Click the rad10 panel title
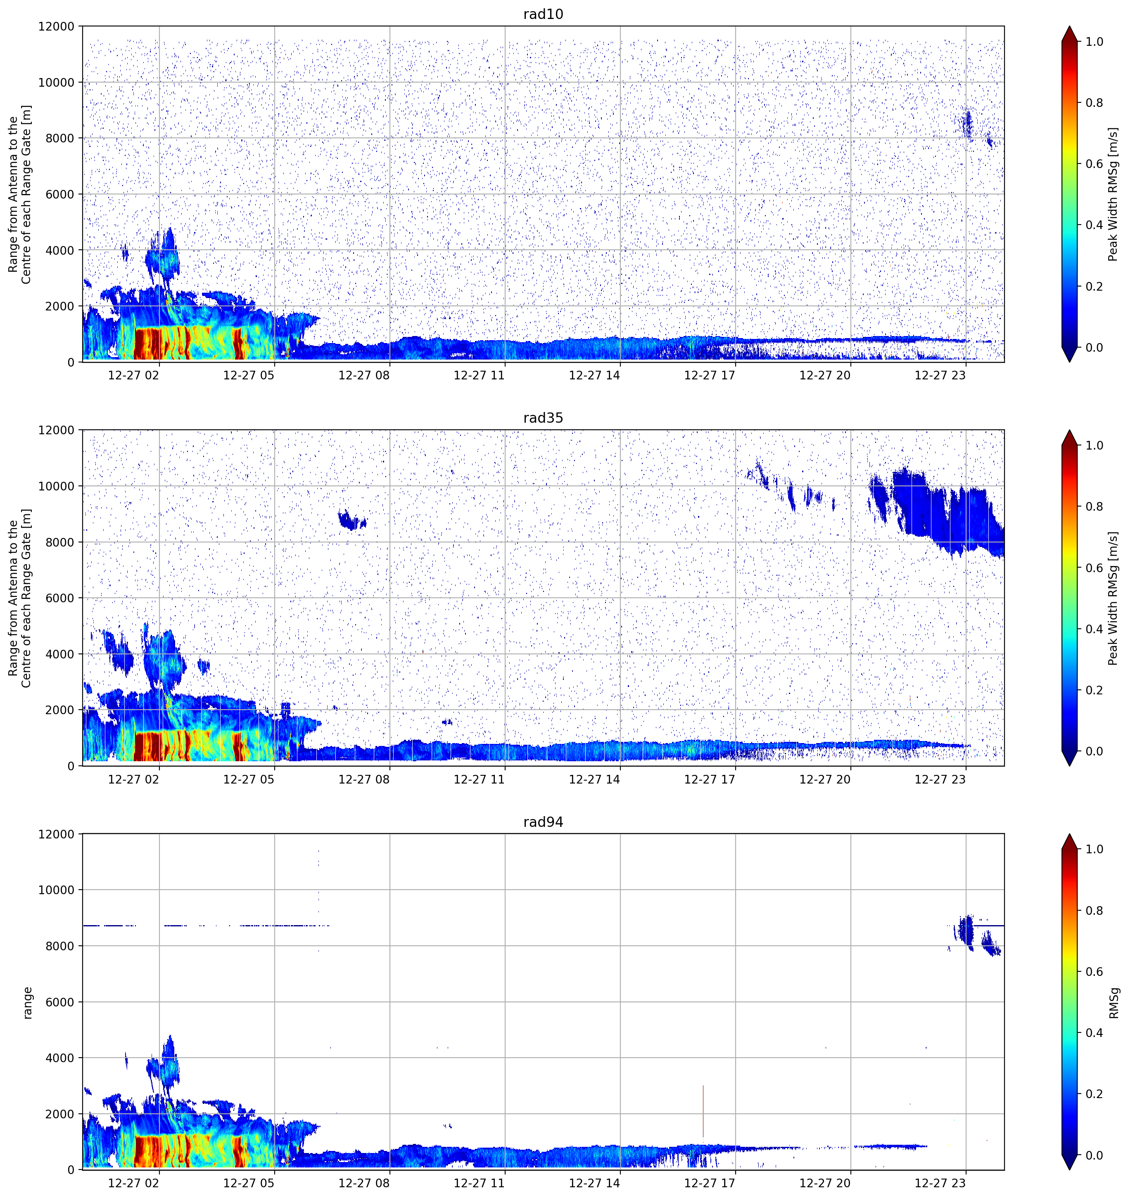pyautogui.click(x=543, y=14)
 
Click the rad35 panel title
pyautogui.click(x=543, y=418)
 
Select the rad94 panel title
pyautogui.click(x=543, y=822)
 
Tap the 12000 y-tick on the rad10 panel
pyautogui.click(x=56, y=26)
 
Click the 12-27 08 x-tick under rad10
pyautogui.click(x=364, y=375)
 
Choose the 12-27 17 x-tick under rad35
pyautogui.click(x=710, y=779)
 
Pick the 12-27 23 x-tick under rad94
pyautogui.click(x=940, y=1183)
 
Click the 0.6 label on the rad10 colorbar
pyautogui.click(x=1094, y=164)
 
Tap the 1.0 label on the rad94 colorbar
pyautogui.click(x=1094, y=849)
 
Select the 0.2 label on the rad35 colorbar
pyautogui.click(x=1094, y=690)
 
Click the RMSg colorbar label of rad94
pyautogui.click(x=1114, y=1002)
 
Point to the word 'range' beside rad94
pyautogui.click(x=27, y=1003)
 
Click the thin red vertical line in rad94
pyautogui.click(x=703, y=1111)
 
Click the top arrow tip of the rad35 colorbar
pyautogui.click(x=1069, y=430)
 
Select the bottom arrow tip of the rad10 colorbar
pyautogui.click(x=1069, y=362)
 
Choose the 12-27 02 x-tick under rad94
pyautogui.click(x=133, y=1183)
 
